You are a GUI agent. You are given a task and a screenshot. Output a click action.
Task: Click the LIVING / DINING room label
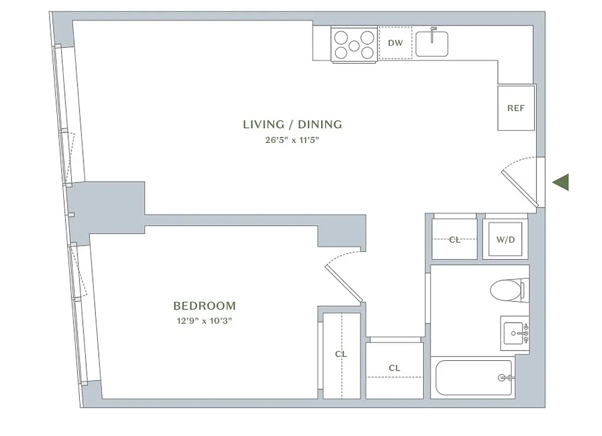coord(292,124)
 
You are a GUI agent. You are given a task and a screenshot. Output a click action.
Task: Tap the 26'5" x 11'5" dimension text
coord(292,140)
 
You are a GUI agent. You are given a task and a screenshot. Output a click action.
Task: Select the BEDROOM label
coord(204,306)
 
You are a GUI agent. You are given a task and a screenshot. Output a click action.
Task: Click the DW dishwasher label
coord(395,43)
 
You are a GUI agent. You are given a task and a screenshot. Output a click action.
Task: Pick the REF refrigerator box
coord(516,108)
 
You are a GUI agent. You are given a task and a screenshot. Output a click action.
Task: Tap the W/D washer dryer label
coord(505,239)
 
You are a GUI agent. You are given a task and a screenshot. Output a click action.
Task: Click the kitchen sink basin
coord(432,45)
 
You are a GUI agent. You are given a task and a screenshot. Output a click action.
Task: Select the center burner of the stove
coord(354,45)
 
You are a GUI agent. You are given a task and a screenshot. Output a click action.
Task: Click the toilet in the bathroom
coord(507,289)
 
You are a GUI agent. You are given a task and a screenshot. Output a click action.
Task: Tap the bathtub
coord(472,378)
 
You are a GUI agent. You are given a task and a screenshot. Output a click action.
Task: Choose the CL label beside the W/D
coord(454,239)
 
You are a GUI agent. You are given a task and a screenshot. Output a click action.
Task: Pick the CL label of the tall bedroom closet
coord(341,354)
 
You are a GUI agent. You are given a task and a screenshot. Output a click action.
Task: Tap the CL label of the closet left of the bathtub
coord(394,368)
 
